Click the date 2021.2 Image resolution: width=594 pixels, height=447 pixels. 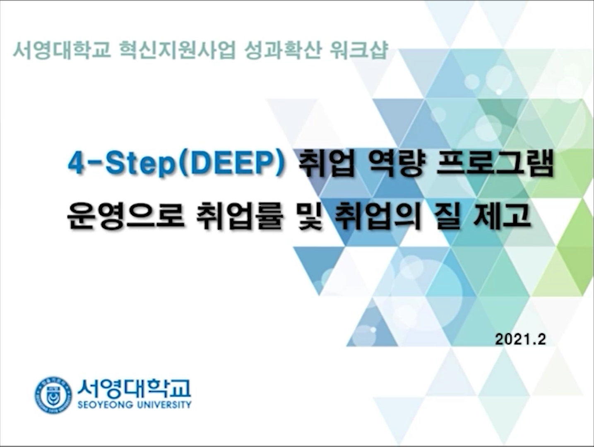click(520, 339)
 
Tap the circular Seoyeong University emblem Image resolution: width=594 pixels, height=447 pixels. click(53, 395)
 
